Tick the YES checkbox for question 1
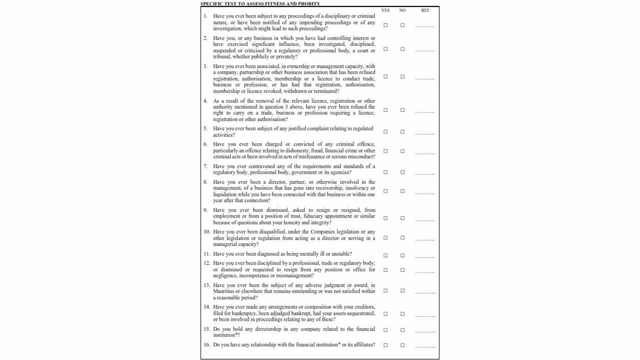[385, 25]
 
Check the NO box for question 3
[402, 76]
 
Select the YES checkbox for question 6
[385, 151]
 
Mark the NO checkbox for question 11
[402, 255]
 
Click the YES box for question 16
[385, 345]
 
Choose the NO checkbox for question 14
[402, 314]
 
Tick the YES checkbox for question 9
[385, 218]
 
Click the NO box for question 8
[402, 191]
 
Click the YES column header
[385, 10]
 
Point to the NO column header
[402, 10]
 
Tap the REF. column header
[425, 10]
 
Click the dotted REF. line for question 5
[425, 134]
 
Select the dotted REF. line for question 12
[425, 272]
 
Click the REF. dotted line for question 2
[425, 51]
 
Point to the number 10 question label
[206, 232]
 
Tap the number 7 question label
[205, 166]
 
